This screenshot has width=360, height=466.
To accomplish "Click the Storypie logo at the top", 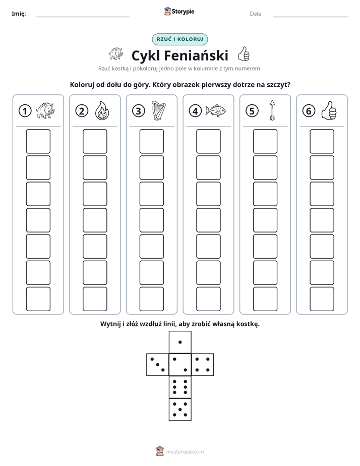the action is point(179,12).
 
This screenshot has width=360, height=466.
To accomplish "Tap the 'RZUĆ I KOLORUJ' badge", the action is point(179,39).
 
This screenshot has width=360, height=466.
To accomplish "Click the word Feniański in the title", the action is point(196,55).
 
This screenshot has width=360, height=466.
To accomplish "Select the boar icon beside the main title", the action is point(115,54).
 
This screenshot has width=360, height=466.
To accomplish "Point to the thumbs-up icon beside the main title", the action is point(244,54).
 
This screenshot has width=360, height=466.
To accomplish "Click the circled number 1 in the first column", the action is point(25,111).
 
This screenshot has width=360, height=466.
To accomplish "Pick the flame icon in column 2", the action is point(102,110).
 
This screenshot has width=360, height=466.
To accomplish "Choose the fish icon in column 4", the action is point(215,110).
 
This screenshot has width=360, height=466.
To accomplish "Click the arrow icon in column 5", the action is point(272,110).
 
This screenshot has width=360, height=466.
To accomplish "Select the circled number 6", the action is point(309,111).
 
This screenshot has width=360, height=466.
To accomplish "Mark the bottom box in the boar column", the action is point(38,299).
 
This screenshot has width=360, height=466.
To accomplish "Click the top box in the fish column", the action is point(208,141).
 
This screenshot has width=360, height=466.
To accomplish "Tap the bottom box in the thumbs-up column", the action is point(322,299).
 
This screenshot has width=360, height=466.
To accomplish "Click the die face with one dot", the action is point(180,342).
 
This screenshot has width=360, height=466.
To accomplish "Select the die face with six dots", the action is point(180,387).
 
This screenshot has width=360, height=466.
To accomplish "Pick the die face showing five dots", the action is point(180,409).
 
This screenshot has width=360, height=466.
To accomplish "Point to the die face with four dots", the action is point(203,364).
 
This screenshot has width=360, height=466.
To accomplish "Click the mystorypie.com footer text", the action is point(185,452).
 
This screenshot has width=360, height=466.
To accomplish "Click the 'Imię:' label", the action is point(19,14).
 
